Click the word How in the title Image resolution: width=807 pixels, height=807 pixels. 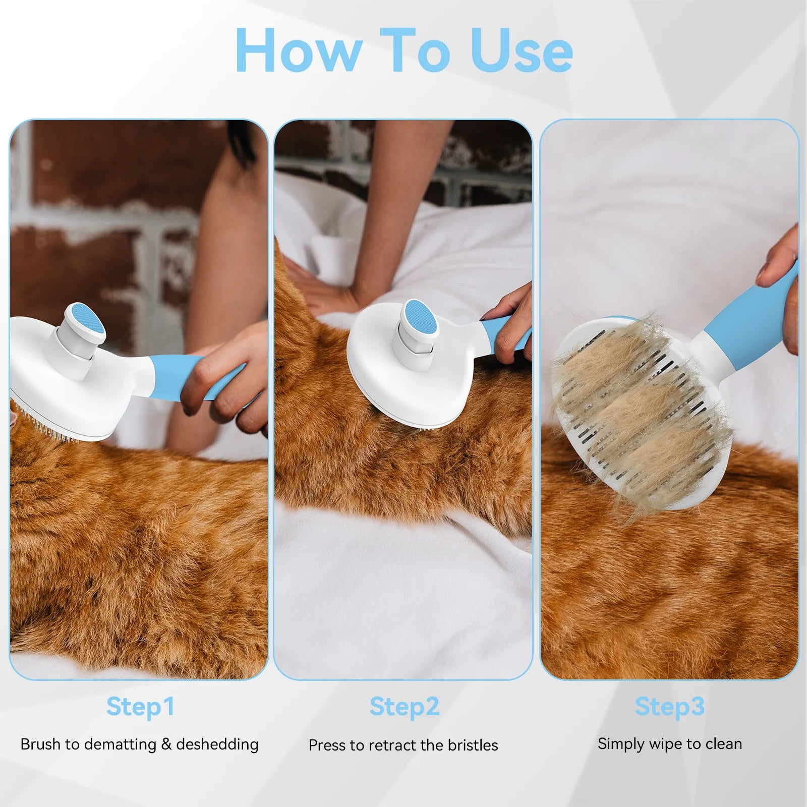tap(299, 50)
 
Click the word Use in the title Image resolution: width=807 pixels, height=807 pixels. tap(521, 50)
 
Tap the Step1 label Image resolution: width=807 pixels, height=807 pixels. tap(140, 706)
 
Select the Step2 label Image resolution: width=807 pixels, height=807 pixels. tap(404, 706)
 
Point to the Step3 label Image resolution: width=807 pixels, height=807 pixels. tap(669, 706)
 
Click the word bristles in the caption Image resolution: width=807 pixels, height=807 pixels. tap(472, 745)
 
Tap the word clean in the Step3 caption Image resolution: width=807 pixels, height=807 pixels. tap(724, 744)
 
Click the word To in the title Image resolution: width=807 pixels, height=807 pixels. tap(415, 50)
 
